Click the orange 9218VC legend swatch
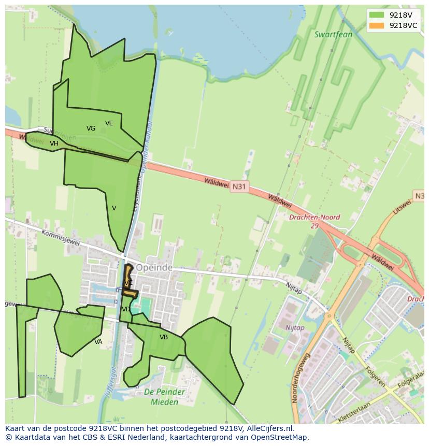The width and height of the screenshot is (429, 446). pyautogui.click(x=377, y=25)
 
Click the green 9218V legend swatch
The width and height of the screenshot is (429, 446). pyautogui.click(x=377, y=15)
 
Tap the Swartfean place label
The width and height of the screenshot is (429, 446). pyautogui.click(x=333, y=35)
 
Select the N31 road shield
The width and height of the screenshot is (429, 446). pyautogui.click(x=239, y=186)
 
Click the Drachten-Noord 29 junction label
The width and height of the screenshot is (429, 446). pyautogui.click(x=314, y=221)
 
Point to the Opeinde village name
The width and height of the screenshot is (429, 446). pyautogui.click(x=154, y=268)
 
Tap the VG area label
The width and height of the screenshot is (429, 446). pyautogui.click(x=91, y=128)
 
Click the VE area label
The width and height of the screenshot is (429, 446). pyautogui.click(x=109, y=123)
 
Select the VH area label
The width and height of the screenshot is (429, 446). pyautogui.click(x=54, y=143)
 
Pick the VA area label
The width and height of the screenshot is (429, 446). pyautogui.click(x=98, y=342)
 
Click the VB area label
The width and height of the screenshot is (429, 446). pyautogui.click(x=164, y=337)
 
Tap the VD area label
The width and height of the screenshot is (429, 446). pyautogui.click(x=126, y=309)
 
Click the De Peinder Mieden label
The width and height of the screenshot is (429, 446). pyautogui.click(x=164, y=397)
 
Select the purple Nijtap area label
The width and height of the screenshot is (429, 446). pyautogui.click(x=294, y=327)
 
